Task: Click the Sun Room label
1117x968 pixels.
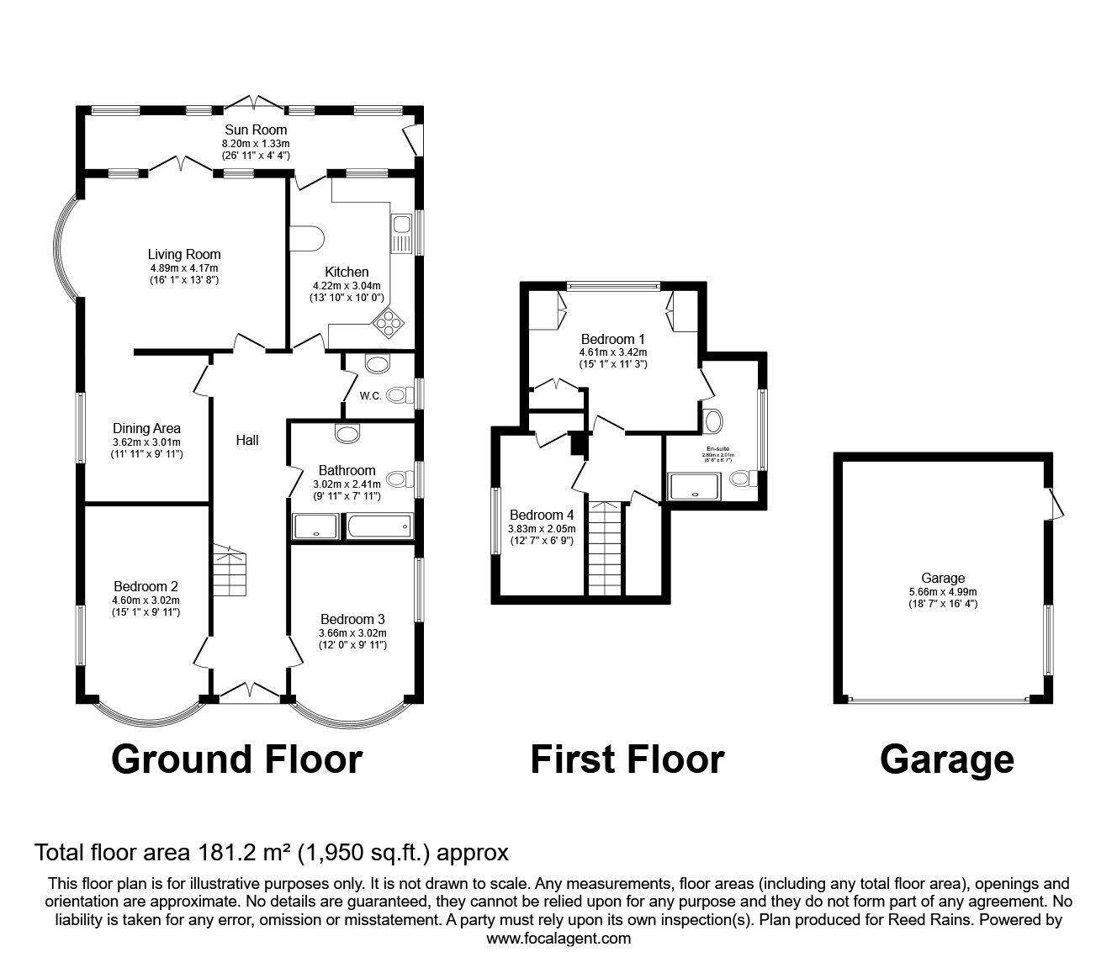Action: pos(255,130)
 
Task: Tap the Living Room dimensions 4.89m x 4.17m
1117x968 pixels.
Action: pos(183,267)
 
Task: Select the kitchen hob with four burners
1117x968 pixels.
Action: pos(389,322)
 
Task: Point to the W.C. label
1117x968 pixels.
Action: pos(371,395)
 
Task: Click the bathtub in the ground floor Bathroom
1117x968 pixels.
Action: pos(378,527)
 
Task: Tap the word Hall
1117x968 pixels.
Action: pos(247,440)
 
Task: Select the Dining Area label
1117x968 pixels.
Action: pos(146,428)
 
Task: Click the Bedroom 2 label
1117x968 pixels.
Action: pos(146,586)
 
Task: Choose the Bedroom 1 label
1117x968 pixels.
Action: pos(612,339)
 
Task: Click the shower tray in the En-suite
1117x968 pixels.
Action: pos(695,485)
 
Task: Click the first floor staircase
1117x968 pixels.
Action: pos(605,548)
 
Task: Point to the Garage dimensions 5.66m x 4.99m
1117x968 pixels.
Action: pos(942,591)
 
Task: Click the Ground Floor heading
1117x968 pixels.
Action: pos(236,759)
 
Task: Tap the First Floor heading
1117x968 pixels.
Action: pos(627,759)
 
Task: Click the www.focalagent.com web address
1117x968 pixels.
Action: pos(558,939)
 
